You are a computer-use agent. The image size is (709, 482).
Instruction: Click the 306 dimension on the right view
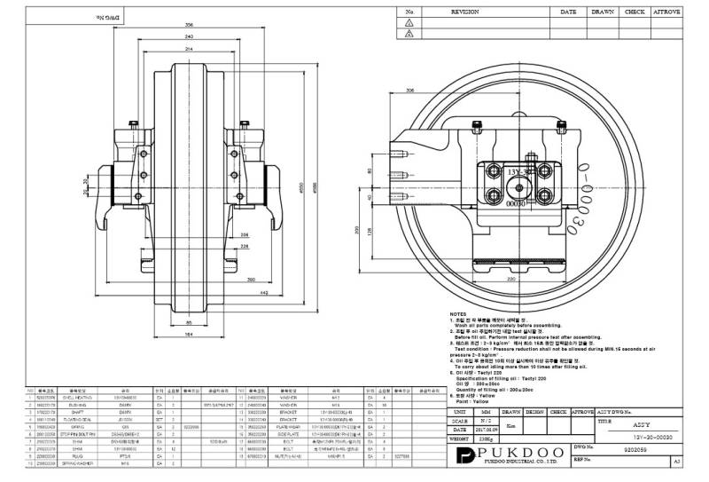click(x=409, y=91)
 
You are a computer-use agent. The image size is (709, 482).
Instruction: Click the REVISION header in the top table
click(x=464, y=13)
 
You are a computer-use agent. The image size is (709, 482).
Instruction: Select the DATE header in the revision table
click(x=568, y=13)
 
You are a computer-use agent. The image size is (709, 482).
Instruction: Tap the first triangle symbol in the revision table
click(x=409, y=23)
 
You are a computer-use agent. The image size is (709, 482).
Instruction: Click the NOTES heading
click(x=458, y=314)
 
